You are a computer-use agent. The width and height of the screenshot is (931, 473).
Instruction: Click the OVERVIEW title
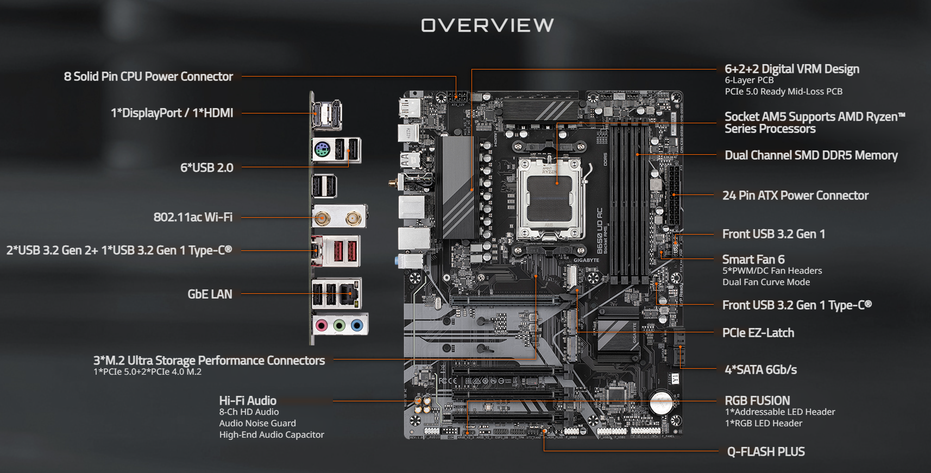(x=487, y=25)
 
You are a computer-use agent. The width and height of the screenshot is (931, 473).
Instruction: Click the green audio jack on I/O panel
(x=339, y=325)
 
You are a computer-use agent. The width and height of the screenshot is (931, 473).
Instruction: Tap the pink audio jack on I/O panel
(x=322, y=325)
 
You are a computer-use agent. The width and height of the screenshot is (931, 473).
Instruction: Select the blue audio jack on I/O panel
(x=357, y=325)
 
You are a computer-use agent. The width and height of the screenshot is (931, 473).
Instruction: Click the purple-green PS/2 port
(x=322, y=149)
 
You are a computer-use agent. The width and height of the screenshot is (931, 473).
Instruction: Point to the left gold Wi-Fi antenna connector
(x=323, y=219)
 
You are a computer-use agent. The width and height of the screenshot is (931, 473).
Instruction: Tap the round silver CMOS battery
(x=661, y=403)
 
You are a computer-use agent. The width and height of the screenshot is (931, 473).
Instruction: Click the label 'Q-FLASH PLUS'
(x=766, y=452)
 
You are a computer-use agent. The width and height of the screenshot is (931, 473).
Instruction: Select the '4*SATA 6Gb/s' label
(x=760, y=370)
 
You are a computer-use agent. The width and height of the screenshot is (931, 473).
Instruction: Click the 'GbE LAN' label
(x=210, y=294)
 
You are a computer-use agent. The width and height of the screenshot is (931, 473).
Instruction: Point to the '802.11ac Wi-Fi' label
(x=193, y=217)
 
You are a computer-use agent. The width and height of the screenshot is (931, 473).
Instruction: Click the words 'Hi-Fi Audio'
(x=248, y=401)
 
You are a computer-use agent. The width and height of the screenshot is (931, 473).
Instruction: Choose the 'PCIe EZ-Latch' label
(x=758, y=333)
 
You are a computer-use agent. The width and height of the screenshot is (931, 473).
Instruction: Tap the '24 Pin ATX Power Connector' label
(x=795, y=195)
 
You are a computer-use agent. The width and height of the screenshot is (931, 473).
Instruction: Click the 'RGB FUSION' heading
(x=757, y=401)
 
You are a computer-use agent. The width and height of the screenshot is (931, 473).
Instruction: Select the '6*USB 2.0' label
(x=206, y=168)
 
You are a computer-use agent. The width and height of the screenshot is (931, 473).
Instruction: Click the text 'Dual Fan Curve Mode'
(x=766, y=282)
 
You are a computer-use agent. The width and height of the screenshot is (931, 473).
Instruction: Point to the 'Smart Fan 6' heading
(x=753, y=260)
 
